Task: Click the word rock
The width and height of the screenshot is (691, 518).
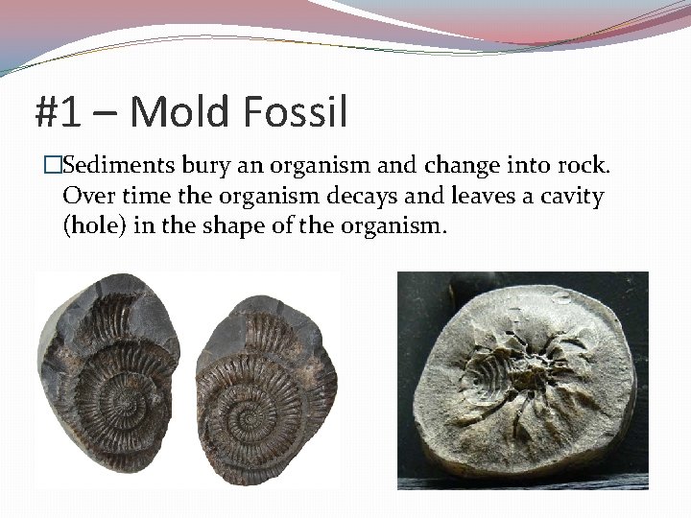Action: click(x=582, y=167)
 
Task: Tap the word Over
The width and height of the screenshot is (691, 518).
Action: click(x=85, y=198)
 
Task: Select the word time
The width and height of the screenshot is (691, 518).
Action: click(x=138, y=198)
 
